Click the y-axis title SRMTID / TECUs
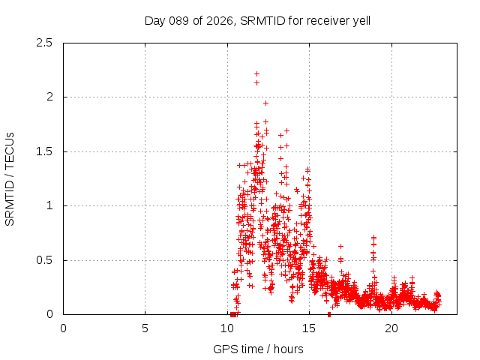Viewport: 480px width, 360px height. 10,178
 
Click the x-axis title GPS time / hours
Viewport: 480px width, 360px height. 258,349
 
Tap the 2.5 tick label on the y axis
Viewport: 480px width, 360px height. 43,43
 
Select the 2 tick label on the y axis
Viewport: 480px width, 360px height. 49,97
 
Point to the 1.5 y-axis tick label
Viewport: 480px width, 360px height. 43,151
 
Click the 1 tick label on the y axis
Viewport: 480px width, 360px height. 49,205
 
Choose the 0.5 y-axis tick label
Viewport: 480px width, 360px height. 43,260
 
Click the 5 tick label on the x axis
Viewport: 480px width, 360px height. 145,328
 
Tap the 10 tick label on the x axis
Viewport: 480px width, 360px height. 227,328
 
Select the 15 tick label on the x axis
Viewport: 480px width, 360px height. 309,328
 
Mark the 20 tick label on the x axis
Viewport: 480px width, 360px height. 391,328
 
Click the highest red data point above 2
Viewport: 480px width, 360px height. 256,73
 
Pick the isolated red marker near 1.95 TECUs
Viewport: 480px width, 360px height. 265,103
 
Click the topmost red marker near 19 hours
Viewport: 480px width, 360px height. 373,237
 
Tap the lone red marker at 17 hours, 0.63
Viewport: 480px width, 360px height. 340,246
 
